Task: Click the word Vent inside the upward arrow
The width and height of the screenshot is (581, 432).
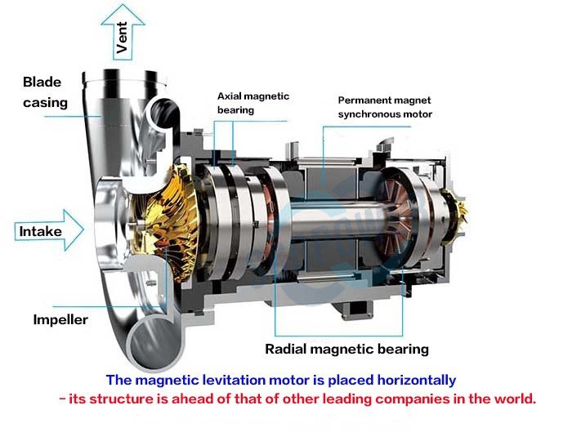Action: (123, 38)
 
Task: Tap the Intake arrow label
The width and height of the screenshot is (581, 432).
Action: (41, 231)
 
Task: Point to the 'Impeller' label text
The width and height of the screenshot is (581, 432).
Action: (60, 319)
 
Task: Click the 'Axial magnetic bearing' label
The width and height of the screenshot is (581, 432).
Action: (253, 103)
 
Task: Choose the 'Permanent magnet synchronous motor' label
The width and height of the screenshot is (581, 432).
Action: (385, 107)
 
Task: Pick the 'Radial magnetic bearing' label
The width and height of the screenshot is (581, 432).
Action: (346, 350)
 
